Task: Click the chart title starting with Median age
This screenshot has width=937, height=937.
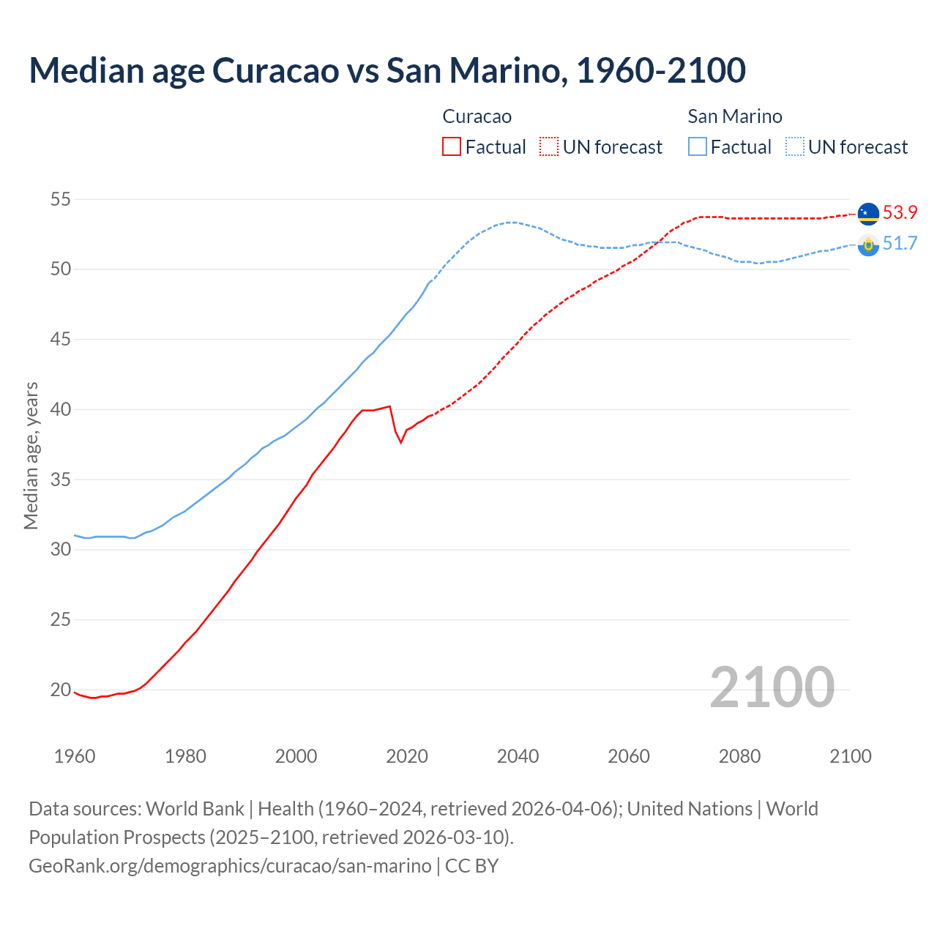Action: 387,70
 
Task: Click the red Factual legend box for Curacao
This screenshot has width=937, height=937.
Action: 452,146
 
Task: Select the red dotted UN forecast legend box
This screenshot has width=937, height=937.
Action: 549,146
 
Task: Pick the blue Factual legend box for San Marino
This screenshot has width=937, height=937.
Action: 698,146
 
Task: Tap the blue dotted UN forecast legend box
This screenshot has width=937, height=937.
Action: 795,146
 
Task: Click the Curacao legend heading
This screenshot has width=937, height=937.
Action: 477,116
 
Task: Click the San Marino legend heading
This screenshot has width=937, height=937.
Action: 734,116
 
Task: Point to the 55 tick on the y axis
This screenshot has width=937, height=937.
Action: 61,199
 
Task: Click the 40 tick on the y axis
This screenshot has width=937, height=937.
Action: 61,409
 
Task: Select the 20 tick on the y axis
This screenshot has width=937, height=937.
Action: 61,690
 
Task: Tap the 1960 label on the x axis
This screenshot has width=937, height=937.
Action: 75,756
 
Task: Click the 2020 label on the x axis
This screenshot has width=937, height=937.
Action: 407,756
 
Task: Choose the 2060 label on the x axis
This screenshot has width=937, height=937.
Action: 629,756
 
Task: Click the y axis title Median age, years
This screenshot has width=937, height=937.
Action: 31,455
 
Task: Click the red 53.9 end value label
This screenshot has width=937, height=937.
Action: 900,212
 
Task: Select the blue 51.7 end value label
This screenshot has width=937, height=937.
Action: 900,244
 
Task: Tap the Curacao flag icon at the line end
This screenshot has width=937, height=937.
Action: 868,214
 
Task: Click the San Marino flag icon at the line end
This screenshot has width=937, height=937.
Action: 868,245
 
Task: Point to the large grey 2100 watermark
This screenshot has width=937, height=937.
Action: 772,687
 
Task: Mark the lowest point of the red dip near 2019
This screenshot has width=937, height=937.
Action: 400,442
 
